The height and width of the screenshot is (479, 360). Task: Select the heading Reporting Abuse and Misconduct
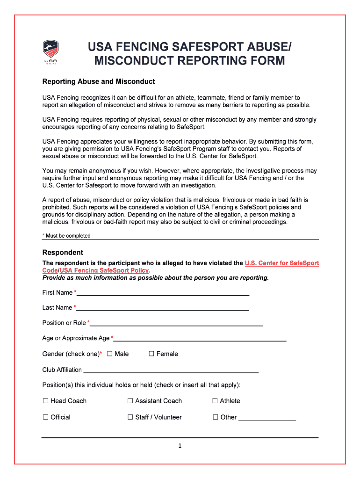coord(98,81)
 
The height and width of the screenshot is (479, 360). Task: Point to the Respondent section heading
coord(63,252)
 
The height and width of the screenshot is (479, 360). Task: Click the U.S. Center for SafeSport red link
coord(281,263)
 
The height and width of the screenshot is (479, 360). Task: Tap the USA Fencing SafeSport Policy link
coord(104,271)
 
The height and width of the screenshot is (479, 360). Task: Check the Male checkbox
coord(109,354)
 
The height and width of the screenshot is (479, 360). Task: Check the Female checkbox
coord(151,354)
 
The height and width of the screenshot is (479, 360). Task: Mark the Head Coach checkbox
coord(46,401)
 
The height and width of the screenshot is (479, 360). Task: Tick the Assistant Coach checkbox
coord(130,401)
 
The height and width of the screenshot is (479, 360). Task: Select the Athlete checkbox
coord(215,401)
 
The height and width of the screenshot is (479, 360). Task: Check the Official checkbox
coord(46,417)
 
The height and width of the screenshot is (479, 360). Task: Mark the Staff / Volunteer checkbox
coord(130,417)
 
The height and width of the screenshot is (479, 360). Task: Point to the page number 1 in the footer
coord(180,446)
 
